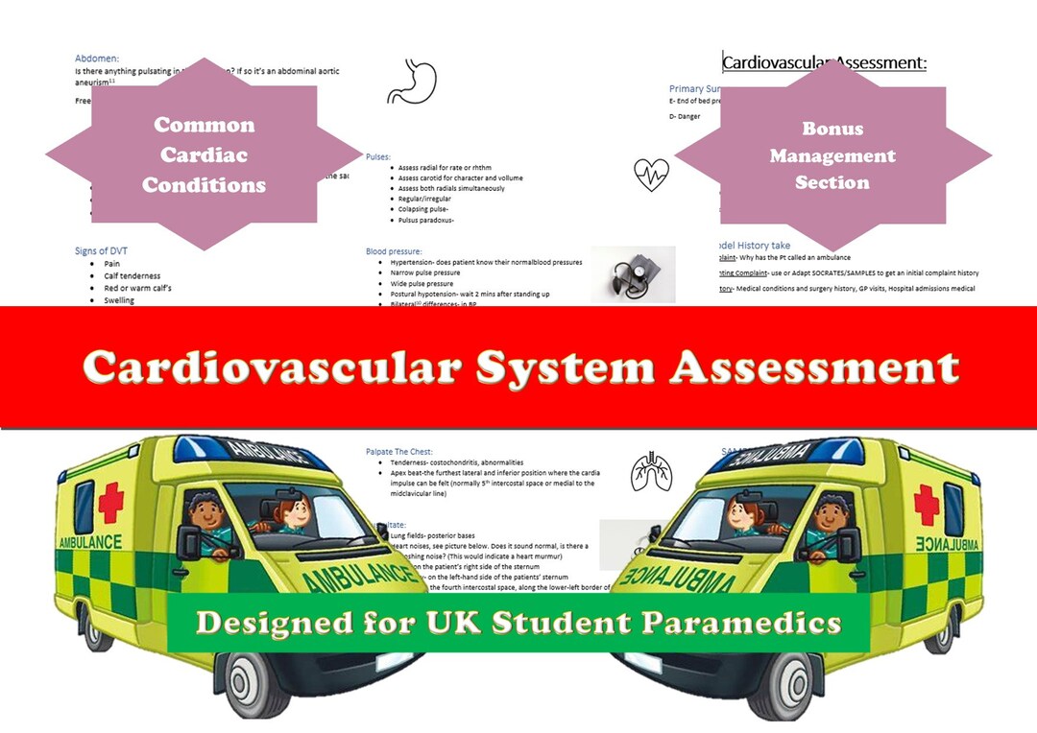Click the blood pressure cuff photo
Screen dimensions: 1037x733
click(632, 274)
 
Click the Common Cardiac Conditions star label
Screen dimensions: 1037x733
click(204, 154)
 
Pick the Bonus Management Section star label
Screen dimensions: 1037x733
click(832, 155)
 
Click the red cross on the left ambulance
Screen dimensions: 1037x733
click(109, 503)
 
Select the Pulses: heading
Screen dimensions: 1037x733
click(378, 156)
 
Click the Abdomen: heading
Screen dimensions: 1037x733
click(97, 59)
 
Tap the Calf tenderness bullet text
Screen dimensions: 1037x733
click(133, 276)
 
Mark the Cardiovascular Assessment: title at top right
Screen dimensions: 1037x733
click(824, 63)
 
